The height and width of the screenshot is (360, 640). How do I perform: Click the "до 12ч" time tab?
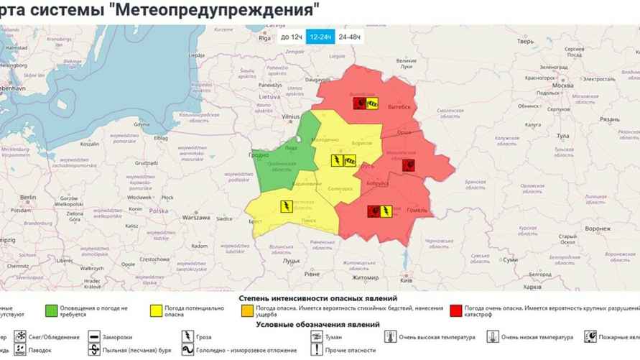click(x=290, y=36)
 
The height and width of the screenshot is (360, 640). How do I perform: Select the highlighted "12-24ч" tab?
click(x=320, y=36)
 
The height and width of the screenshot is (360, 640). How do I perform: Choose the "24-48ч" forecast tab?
click(x=350, y=36)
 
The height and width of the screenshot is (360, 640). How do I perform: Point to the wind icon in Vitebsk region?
click(x=373, y=104)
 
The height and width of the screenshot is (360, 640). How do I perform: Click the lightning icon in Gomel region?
click(x=385, y=211)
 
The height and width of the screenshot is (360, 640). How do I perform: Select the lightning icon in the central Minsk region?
click(x=336, y=161)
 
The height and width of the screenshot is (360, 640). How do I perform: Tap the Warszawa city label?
click(x=195, y=217)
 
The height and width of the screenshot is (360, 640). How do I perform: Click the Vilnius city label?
click(x=290, y=116)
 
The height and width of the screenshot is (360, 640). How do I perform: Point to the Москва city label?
click(x=562, y=85)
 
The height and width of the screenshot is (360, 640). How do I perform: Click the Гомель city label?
click(x=417, y=210)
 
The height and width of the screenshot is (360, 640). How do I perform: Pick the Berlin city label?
click(x=29, y=197)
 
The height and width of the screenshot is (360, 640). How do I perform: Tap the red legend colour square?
click(x=455, y=311)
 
